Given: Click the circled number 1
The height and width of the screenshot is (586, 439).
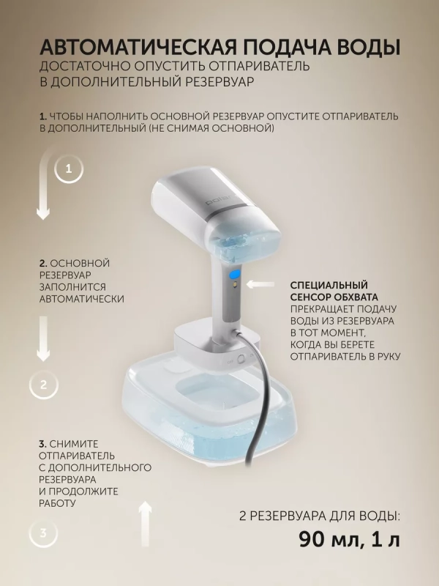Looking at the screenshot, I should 69,169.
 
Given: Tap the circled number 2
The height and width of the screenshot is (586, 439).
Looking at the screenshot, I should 43,384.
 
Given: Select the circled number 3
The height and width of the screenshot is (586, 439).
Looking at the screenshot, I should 43,533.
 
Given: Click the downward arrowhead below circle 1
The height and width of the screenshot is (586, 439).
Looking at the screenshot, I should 43,213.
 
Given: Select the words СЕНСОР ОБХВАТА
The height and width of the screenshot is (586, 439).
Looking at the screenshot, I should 334,297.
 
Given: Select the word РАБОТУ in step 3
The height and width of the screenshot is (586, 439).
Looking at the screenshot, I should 58,503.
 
